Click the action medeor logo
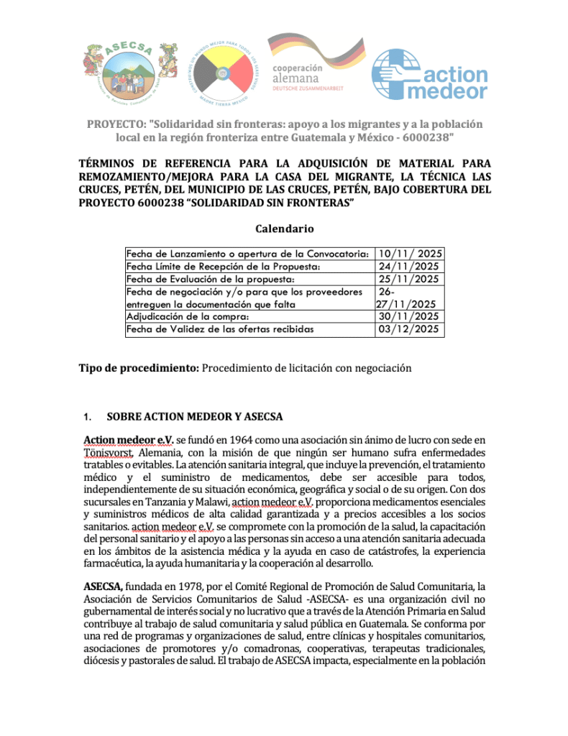(x=430, y=74)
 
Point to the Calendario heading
(x=285, y=229)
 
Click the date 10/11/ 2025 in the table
(x=411, y=254)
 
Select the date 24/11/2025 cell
(x=410, y=267)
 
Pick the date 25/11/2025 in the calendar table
(x=410, y=279)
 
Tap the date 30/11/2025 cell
(x=410, y=316)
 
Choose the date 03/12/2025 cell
(x=410, y=329)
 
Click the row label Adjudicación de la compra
(x=188, y=316)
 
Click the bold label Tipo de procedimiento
(x=138, y=368)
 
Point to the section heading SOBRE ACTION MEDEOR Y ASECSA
(x=194, y=417)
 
